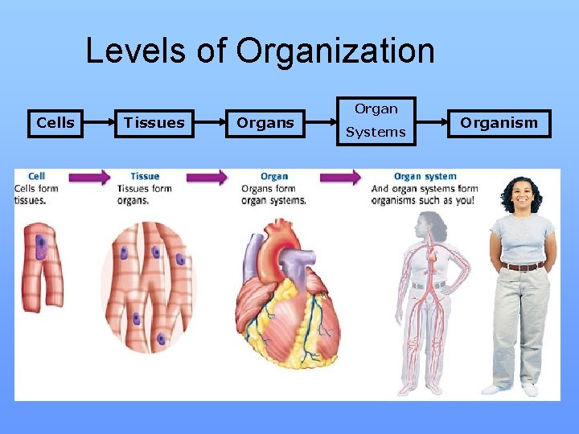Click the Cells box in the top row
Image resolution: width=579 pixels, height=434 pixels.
click(55, 123)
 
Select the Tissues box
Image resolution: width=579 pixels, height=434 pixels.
click(154, 123)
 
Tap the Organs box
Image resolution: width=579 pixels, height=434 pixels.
click(265, 123)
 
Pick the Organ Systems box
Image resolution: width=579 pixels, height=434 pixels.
click(376, 121)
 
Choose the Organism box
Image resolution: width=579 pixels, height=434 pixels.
click(499, 123)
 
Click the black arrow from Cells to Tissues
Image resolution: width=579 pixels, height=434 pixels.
click(97, 123)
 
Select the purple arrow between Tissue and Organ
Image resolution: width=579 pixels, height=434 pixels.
click(207, 177)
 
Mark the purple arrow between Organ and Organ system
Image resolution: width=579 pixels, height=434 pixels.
click(338, 177)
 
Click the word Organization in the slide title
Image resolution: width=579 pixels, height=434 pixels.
click(335, 51)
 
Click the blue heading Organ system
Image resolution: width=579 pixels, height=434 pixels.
click(425, 176)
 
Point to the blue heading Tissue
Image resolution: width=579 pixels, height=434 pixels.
click(145, 176)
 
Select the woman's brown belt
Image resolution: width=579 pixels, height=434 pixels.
click(523, 266)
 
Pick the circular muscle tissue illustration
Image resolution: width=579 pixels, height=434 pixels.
click(149, 285)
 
